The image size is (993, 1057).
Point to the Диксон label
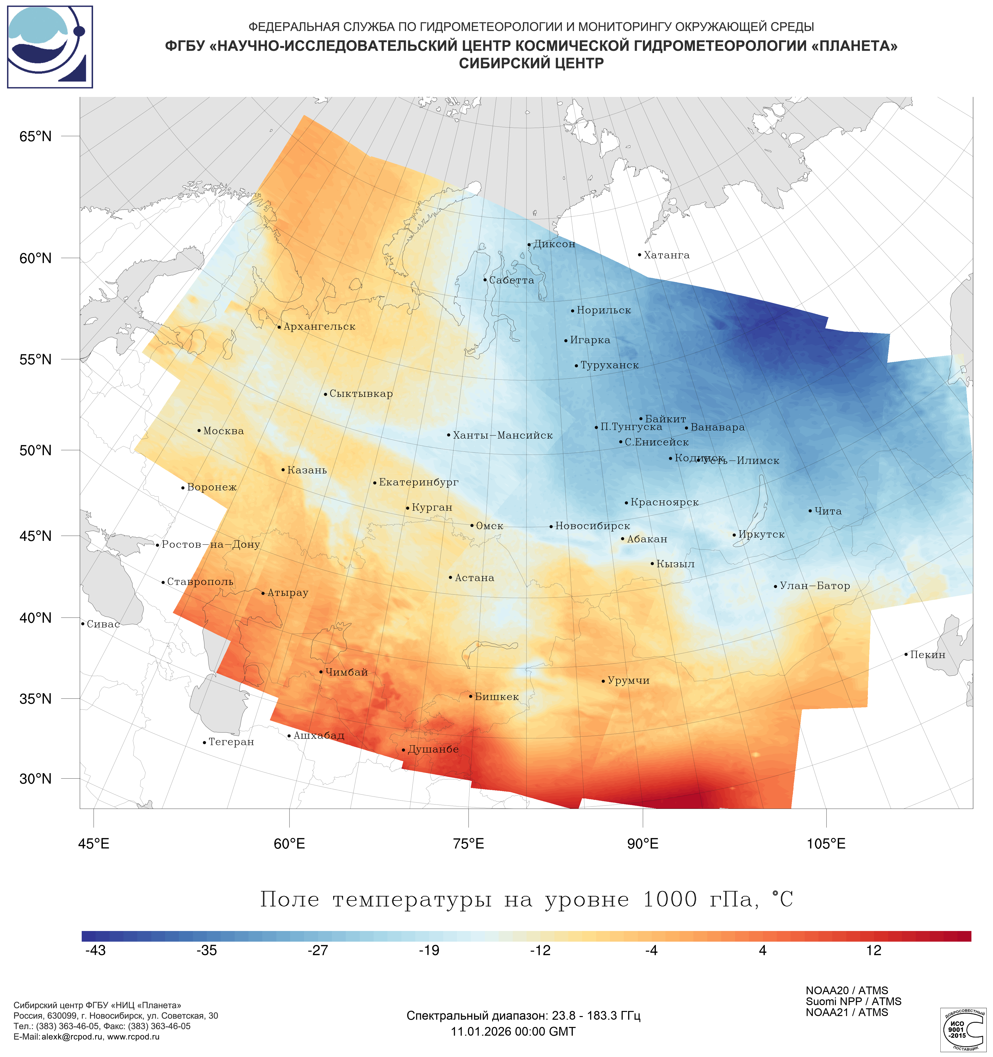tap(554, 244)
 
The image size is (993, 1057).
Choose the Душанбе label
tap(433, 749)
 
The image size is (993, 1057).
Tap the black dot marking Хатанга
tap(639, 255)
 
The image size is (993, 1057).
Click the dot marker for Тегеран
tap(204, 742)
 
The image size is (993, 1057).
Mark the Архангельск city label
tap(319, 326)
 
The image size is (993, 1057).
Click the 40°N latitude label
tap(36, 618)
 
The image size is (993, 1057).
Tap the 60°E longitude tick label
tap(289, 844)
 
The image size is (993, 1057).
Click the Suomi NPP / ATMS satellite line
tap(853, 1001)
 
